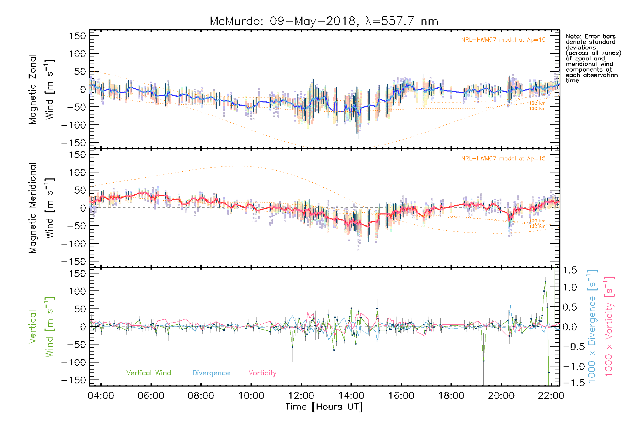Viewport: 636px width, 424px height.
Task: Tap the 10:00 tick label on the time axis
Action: (x=251, y=396)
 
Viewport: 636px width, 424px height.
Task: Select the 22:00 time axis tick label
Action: (x=551, y=396)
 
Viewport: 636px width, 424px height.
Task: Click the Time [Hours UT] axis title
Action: (x=324, y=407)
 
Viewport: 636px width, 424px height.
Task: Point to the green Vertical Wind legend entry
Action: (x=148, y=373)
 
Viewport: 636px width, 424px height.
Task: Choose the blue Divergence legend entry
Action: (x=211, y=373)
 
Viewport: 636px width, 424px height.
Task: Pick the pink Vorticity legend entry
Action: (x=262, y=373)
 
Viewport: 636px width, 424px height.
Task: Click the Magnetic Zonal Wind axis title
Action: (x=42, y=89)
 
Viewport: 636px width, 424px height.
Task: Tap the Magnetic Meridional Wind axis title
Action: (x=42, y=208)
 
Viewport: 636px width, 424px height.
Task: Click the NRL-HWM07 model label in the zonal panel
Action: (x=503, y=40)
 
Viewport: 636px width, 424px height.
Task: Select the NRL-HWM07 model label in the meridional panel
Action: (x=503, y=159)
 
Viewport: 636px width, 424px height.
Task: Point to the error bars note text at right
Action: (x=593, y=58)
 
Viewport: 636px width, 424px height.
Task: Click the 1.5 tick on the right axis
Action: (x=570, y=270)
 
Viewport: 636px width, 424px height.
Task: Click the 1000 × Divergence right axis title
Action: (x=592, y=327)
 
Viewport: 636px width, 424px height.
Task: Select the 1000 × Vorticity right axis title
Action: (x=609, y=327)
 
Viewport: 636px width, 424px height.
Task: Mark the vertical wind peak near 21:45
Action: (x=546, y=282)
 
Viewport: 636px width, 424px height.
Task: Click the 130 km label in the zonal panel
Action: (x=537, y=108)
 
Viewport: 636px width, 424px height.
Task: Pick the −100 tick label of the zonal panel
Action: (x=73, y=125)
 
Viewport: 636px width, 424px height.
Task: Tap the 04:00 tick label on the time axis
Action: (x=101, y=396)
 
